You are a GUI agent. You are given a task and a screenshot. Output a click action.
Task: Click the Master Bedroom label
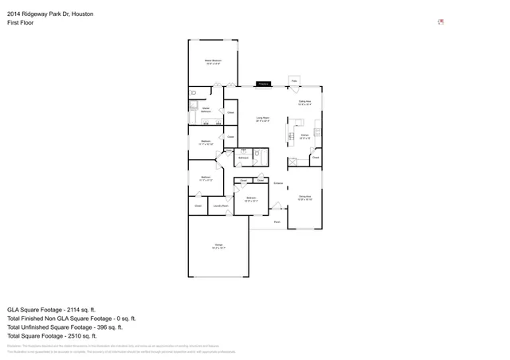[x=212, y=61]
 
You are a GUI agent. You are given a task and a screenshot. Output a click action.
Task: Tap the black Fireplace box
[x=263, y=83]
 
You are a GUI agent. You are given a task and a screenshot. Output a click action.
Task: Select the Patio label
[x=294, y=80]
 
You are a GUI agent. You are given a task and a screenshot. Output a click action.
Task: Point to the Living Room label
[x=262, y=119]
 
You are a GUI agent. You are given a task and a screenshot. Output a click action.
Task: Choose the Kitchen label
[x=304, y=136]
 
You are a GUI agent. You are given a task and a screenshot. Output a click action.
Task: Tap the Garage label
[x=218, y=246]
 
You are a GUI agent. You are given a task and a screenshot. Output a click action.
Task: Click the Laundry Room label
[x=221, y=205]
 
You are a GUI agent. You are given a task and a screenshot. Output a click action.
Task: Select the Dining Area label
[x=304, y=197]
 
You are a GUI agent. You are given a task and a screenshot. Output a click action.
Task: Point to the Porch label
[x=277, y=222]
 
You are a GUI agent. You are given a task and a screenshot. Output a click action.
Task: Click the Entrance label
[x=278, y=183]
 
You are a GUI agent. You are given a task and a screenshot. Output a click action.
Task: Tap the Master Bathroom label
[x=205, y=109]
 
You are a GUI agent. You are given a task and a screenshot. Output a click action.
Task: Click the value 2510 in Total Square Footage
[x=85, y=336]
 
